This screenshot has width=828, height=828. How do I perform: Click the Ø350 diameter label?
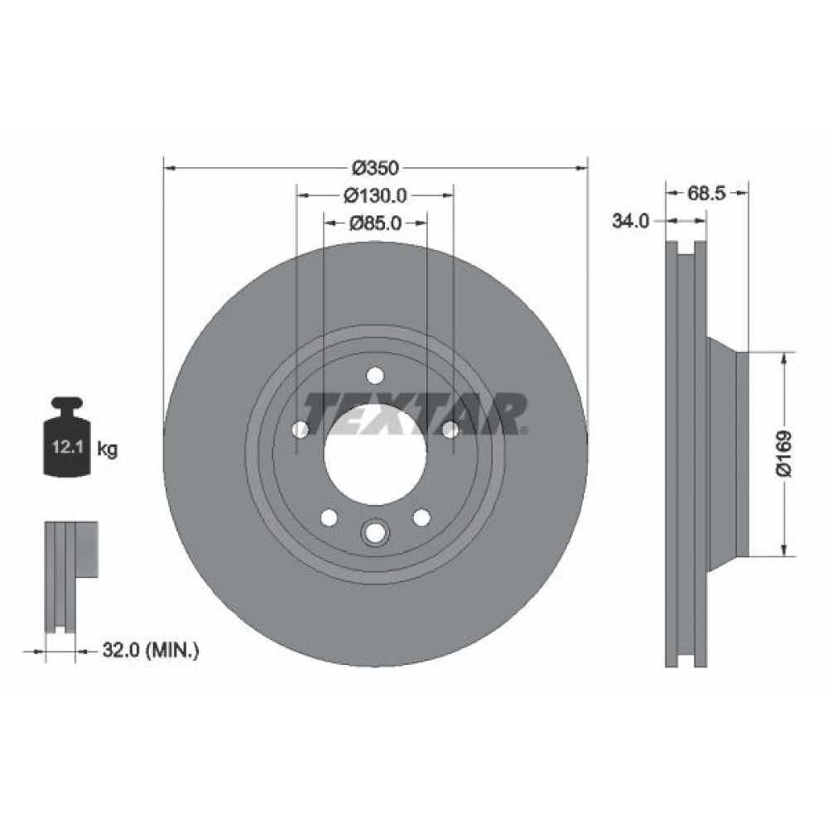point(375,168)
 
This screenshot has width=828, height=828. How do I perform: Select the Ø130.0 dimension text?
point(375,196)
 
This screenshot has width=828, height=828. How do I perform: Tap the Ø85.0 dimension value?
point(375,224)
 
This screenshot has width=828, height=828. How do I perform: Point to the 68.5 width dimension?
point(707,193)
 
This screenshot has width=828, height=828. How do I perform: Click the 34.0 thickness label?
point(630,221)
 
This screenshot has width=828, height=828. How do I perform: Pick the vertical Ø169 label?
point(785,454)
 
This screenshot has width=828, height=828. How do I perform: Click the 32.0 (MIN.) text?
point(151,650)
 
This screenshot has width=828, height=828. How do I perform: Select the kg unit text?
point(107,450)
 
